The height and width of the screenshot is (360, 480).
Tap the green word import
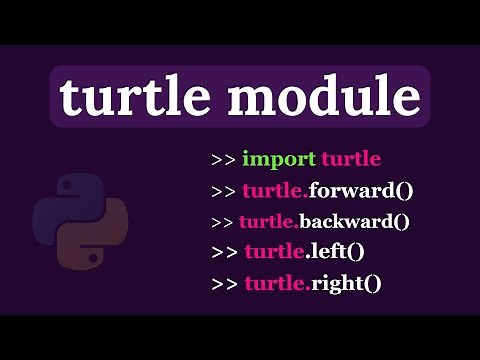278,159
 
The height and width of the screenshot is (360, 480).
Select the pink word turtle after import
350,159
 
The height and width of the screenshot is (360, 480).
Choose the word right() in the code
345,283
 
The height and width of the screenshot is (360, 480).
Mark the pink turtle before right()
276,283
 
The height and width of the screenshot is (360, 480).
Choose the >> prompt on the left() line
225,253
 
